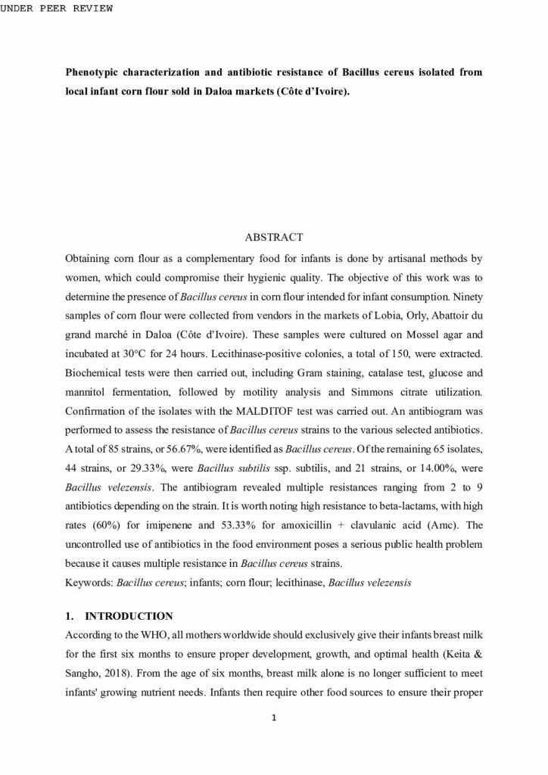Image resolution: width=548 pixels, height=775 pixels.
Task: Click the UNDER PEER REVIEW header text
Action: click(x=57, y=8)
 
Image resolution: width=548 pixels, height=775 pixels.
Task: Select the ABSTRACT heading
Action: click(x=273, y=237)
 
